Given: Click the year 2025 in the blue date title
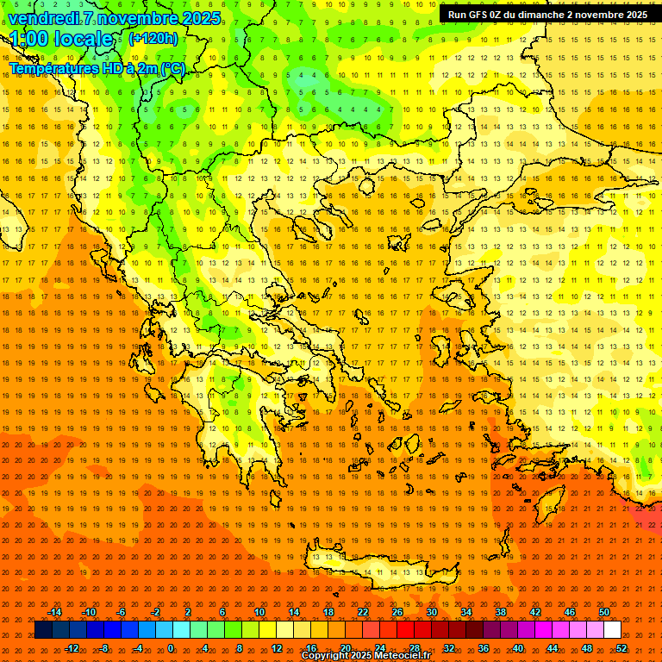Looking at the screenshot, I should click(x=196, y=18).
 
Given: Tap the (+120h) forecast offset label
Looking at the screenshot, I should click(x=153, y=38).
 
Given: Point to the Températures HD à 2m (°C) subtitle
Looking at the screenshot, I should click(x=97, y=68).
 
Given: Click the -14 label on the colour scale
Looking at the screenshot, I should click(x=54, y=612).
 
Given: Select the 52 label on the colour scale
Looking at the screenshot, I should click(x=621, y=647).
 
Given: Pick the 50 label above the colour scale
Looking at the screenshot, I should click(x=604, y=612).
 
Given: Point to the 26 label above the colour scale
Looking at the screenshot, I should click(x=397, y=612).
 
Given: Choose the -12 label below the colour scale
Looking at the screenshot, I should click(x=72, y=647).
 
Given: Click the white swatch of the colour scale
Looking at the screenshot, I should click(x=612, y=630).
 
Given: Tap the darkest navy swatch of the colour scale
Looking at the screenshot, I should click(x=44, y=630).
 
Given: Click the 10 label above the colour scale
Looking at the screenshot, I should click(x=259, y=612).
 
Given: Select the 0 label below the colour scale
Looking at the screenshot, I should click(x=171, y=647).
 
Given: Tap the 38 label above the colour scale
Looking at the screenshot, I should click(x=501, y=612).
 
